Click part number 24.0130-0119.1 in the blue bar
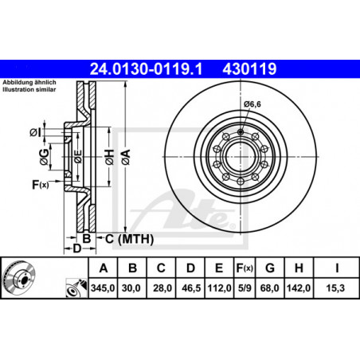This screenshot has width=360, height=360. tap(146, 69)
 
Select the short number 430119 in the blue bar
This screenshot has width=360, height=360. tap(249, 69)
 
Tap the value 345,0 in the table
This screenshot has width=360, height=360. tap(103, 288)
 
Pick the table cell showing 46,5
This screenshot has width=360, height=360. tap(191, 288)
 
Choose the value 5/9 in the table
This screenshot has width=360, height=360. tap(245, 288)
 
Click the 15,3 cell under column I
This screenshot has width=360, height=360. tap(335, 288)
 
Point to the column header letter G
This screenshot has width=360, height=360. tap(270, 268)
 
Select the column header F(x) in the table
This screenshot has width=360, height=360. tap(245, 268)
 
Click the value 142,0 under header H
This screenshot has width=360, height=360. tap(299, 288)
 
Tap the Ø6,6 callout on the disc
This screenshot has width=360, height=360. tap(252, 104)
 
